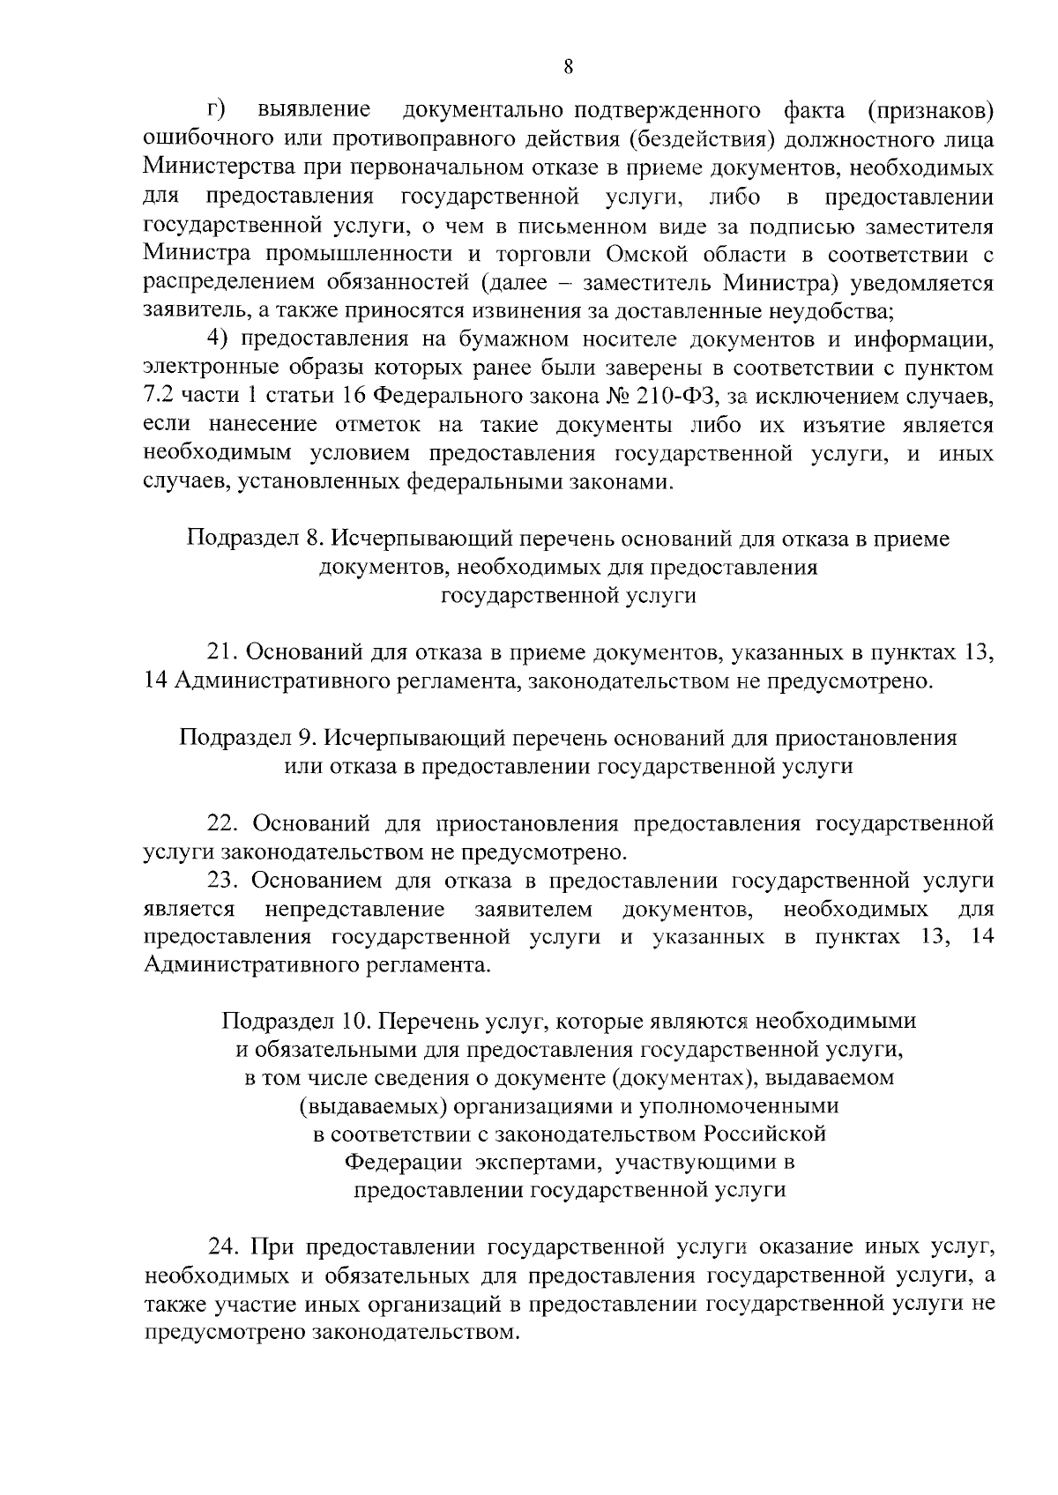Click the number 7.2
tap(159, 397)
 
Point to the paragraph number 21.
tap(221, 652)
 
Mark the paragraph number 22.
tap(222, 823)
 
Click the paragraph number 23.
tap(222, 880)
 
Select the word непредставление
tap(354, 908)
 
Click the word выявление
tap(314, 110)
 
